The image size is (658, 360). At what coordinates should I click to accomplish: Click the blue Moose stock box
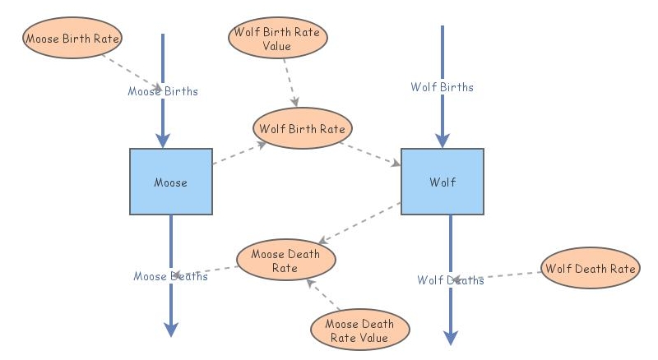click(171, 182)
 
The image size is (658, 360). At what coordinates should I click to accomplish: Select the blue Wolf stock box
click(442, 182)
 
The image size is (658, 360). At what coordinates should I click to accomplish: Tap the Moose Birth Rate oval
click(72, 39)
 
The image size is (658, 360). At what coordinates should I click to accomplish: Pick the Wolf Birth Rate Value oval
click(277, 39)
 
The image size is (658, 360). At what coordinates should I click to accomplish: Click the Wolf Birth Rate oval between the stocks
click(302, 129)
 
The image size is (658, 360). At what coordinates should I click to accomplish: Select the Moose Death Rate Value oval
click(360, 330)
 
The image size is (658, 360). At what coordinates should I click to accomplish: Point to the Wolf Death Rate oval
click(591, 269)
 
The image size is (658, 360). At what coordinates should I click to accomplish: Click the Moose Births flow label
click(163, 91)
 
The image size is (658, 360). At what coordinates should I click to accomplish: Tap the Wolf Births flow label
click(443, 86)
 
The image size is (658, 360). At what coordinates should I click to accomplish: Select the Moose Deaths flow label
click(170, 276)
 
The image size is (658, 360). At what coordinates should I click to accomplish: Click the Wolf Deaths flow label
click(450, 280)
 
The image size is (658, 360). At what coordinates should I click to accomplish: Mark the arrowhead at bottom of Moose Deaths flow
click(171, 330)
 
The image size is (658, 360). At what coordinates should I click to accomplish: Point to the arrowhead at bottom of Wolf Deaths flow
click(451, 338)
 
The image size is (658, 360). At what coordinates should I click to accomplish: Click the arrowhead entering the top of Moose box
click(163, 140)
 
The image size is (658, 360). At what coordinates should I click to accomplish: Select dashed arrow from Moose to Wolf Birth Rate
click(239, 154)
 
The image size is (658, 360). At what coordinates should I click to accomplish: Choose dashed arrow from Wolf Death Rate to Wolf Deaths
click(498, 276)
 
